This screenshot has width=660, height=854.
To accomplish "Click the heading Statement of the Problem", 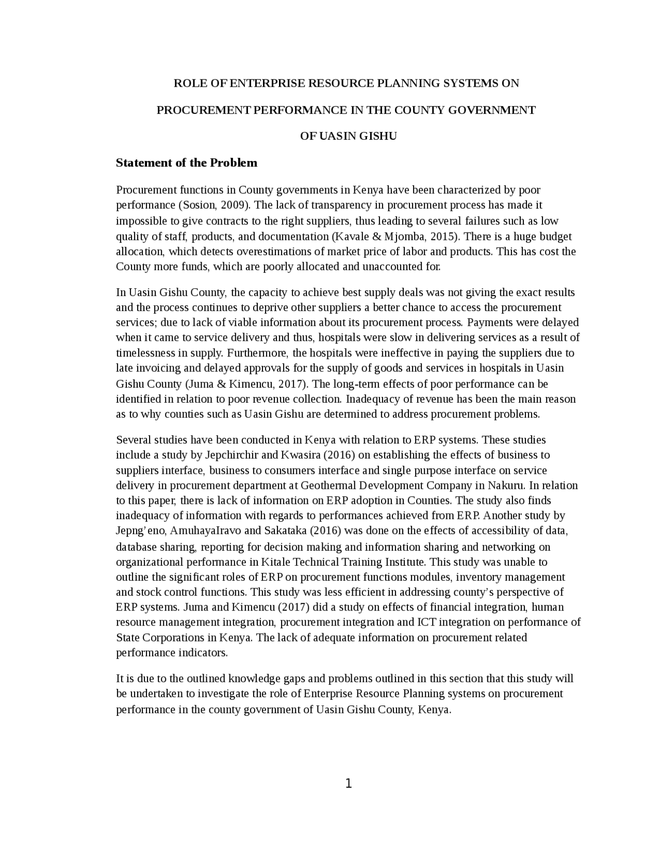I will click(x=186, y=163).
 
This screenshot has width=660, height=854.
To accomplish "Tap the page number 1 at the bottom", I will click(x=348, y=784).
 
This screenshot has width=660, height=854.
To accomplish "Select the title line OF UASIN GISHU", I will click(x=348, y=136).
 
